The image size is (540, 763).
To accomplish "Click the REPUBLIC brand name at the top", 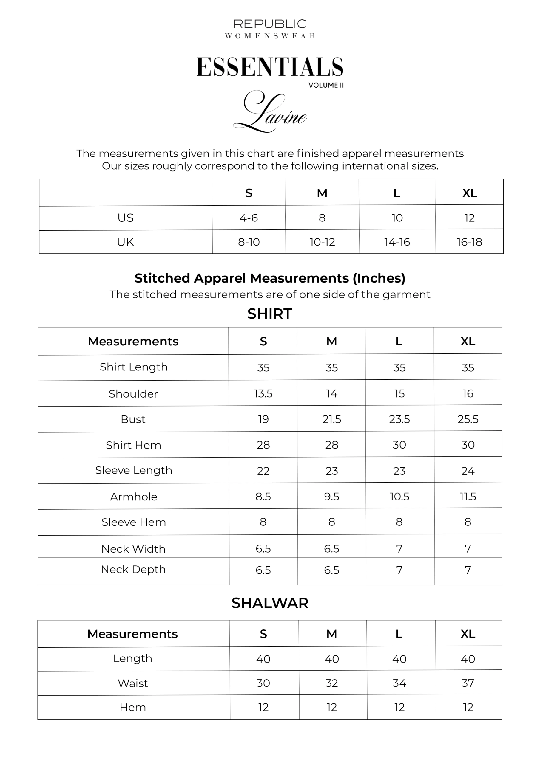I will coord(270,24).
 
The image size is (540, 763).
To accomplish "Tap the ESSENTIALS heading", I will coord(270,67).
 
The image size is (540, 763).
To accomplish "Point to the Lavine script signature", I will coord(270,112).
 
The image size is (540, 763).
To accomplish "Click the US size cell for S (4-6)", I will coord(249,218).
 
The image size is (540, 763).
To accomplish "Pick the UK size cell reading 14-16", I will coord(397,242).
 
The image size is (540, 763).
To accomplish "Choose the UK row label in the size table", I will coord(125,242).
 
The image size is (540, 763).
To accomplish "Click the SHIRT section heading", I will coord(270,314).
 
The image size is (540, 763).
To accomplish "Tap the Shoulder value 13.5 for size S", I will coord(263,393).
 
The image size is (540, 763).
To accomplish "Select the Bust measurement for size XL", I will coord(468,419).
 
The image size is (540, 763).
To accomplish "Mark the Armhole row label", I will coord(133,497).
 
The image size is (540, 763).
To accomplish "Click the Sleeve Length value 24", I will coord(468,471).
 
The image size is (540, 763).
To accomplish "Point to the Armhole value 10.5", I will coord(399,497).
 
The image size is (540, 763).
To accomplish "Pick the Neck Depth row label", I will coord(133,569).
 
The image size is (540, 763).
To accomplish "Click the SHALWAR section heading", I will coord(270,603).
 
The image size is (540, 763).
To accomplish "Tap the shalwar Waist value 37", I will coord(468,683).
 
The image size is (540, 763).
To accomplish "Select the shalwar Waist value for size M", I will coord(332,683).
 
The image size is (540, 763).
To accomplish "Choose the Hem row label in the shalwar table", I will coord(133,707).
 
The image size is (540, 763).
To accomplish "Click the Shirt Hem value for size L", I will coord(399,445).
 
